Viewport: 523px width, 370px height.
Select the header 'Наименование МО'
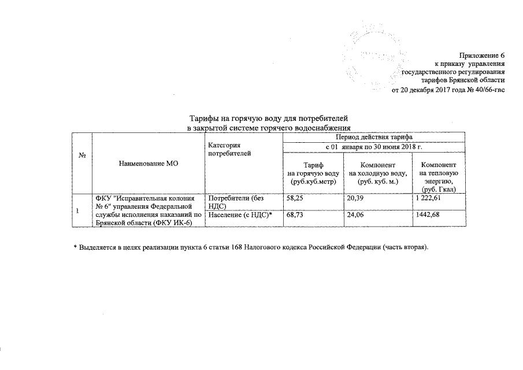pos(149,164)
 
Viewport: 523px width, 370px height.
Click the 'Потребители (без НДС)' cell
pos(235,202)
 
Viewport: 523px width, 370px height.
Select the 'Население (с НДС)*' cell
pos(239,215)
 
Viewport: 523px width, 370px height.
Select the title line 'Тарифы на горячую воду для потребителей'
pos(264,119)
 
